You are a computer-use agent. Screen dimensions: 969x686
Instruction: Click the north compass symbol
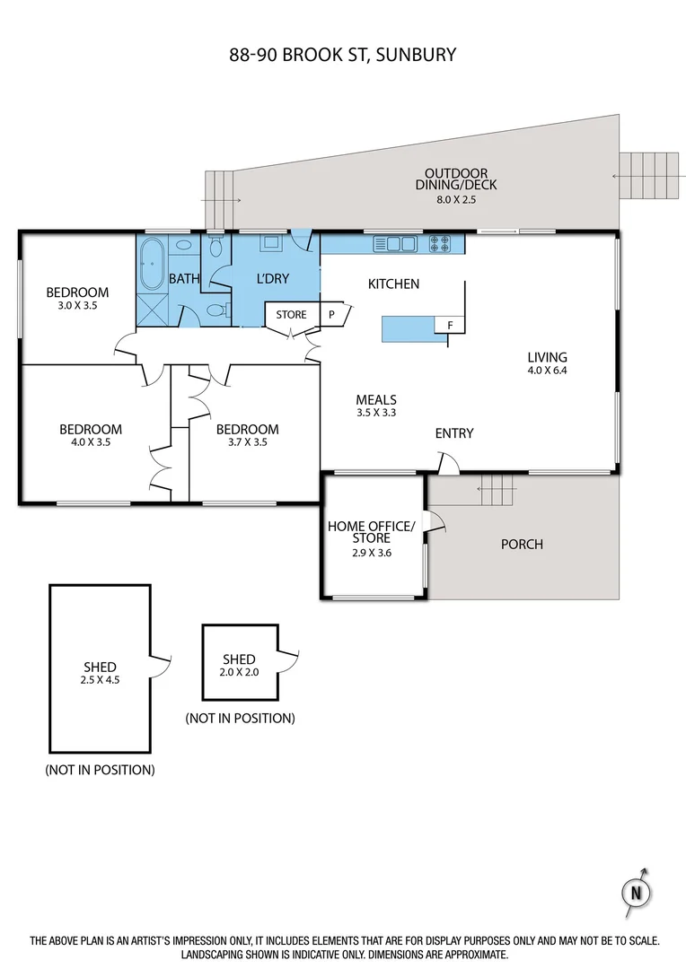[635, 892]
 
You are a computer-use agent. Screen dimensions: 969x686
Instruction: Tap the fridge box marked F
[449, 325]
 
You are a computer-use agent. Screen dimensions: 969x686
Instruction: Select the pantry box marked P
[330, 315]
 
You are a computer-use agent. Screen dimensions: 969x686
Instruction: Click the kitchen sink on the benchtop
[395, 242]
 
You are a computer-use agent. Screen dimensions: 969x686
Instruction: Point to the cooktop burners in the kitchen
[441, 242]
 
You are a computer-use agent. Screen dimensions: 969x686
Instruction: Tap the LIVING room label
[547, 357]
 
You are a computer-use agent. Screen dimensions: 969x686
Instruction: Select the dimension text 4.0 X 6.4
[547, 370]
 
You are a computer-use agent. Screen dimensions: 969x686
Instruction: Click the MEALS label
[375, 400]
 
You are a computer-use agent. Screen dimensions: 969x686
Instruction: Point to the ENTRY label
[453, 433]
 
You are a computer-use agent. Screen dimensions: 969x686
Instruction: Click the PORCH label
[521, 544]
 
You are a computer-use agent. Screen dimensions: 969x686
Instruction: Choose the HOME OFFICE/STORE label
[371, 532]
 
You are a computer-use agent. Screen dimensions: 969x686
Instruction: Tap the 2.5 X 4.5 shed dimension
[99, 679]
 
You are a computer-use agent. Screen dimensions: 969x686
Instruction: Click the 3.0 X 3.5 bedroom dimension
[76, 305]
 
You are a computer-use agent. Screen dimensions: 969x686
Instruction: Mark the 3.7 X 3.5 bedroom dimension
[247, 441]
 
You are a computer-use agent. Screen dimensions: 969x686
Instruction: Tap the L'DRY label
[272, 279]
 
